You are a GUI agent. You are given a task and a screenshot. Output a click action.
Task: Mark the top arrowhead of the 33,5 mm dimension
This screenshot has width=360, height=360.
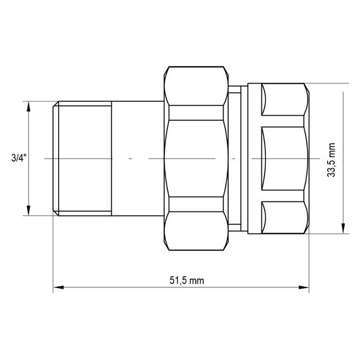(x=342, y=87)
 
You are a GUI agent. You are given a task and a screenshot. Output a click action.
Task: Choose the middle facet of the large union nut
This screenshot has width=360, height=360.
(x=197, y=158)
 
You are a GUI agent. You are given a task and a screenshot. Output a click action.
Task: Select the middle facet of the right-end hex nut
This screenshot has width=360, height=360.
(x=284, y=158)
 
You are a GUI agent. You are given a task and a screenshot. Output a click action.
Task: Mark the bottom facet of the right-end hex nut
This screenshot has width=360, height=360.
(x=284, y=218)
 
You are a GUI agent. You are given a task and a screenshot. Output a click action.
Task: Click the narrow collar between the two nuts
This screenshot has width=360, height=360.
(x=236, y=158)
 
